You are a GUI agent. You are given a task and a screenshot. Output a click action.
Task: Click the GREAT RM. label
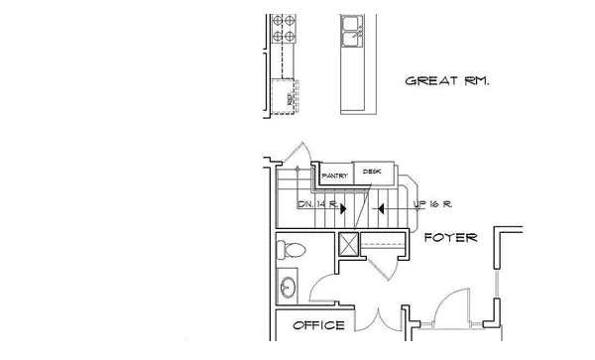pos(447,81)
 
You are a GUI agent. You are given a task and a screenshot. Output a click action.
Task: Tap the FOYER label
pos(451,238)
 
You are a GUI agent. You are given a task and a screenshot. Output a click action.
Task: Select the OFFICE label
pos(318,325)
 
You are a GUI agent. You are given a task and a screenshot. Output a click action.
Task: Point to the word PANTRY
pos(334,177)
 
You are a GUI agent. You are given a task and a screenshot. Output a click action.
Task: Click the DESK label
pos(372,172)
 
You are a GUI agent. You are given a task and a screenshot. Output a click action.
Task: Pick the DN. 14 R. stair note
pos(318,204)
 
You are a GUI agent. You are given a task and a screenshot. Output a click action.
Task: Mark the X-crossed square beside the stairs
pos(348,244)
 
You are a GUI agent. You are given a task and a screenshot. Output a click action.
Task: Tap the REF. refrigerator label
pos(291,100)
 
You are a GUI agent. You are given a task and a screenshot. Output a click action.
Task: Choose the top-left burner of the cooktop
pos(276,20)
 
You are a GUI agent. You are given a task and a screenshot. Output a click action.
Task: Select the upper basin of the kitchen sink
pos(350,22)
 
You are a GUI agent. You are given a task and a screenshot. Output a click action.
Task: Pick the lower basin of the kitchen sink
pos(350,39)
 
